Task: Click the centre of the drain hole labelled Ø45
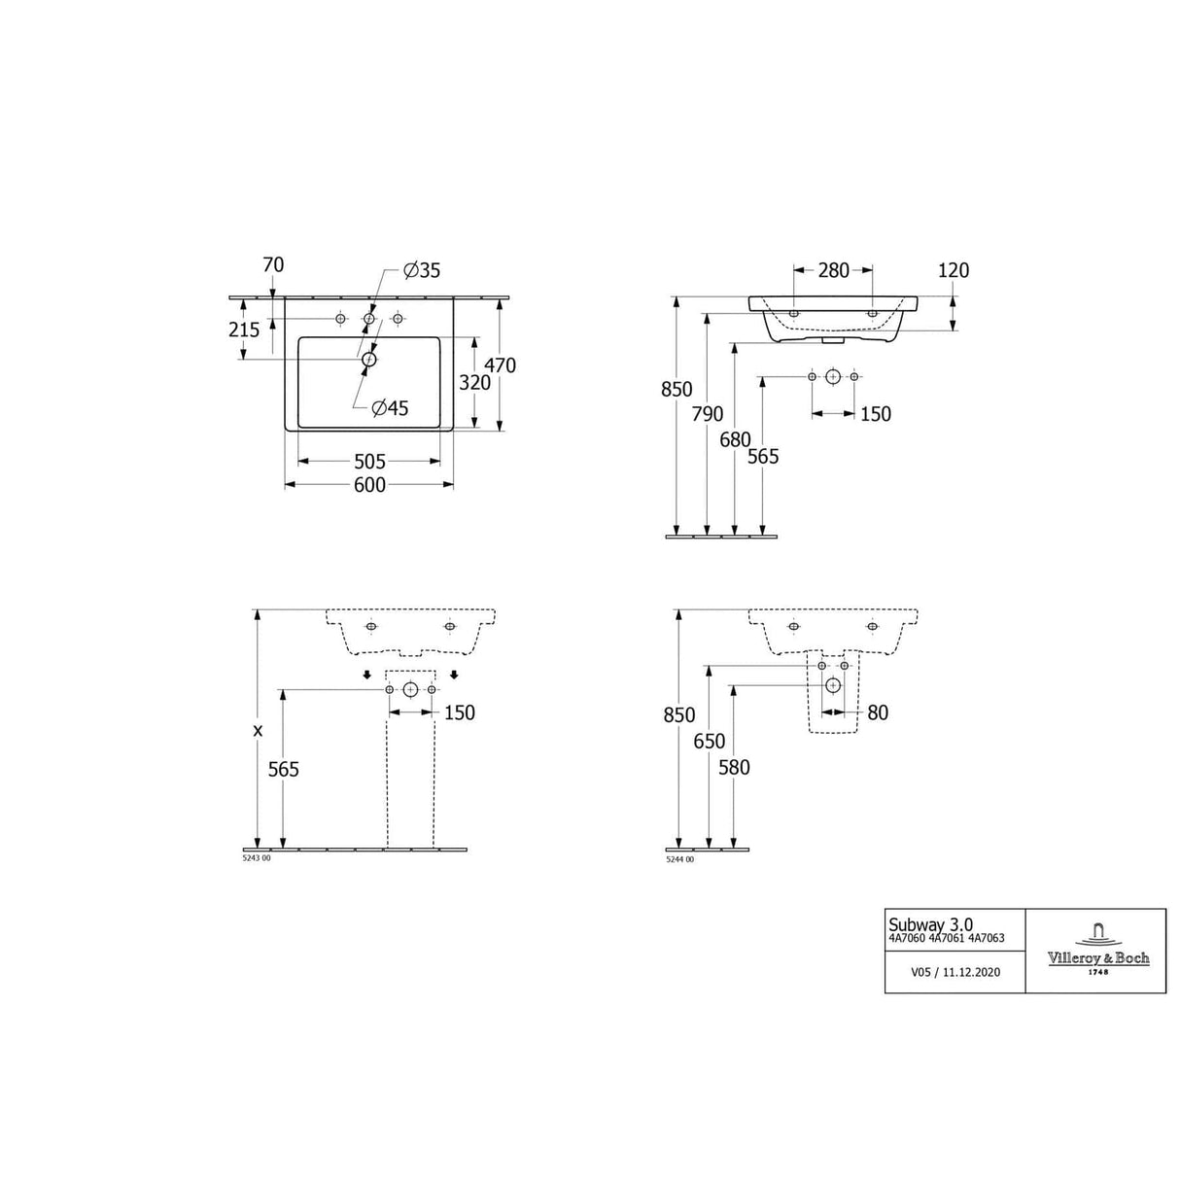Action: click(x=368, y=360)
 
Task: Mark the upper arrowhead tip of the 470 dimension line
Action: click(x=500, y=297)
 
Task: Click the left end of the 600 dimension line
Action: click(x=286, y=484)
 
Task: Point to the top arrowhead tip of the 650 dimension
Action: click(x=710, y=666)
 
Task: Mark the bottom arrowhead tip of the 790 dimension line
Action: click(x=708, y=536)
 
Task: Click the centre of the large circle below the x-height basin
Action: click(x=410, y=689)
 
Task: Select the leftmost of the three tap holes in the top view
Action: click(x=340, y=319)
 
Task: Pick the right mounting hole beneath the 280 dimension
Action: click(x=873, y=314)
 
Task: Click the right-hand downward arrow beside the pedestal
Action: click(x=454, y=675)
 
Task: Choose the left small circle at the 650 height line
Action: click(x=821, y=666)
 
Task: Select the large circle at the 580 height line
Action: click(x=833, y=684)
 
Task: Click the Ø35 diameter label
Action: click(x=422, y=270)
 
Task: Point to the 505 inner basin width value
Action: click(x=369, y=461)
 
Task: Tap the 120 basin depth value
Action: click(x=954, y=270)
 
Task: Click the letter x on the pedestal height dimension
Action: click(x=259, y=730)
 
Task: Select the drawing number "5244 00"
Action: click(x=679, y=860)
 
